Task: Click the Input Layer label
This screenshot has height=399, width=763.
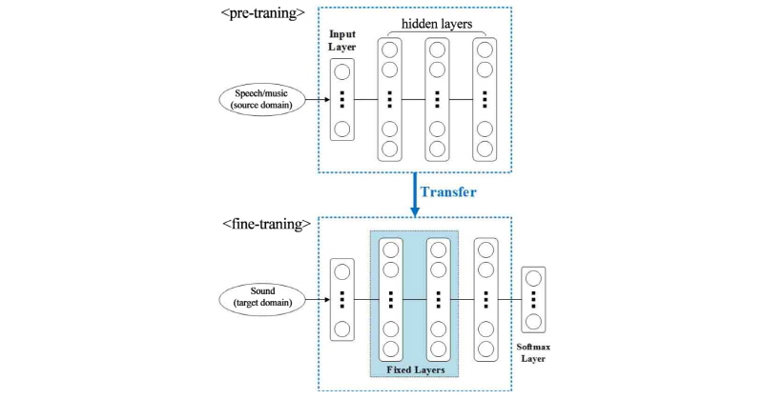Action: coord(343,42)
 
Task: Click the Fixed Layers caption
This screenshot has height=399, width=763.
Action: coord(415,368)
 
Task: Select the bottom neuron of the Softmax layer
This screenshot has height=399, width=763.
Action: coord(534,321)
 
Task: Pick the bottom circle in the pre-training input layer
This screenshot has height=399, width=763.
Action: coord(342,129)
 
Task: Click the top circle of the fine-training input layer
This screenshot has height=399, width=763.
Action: coord(342,271)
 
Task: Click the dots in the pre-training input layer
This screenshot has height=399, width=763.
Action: coord(342,99)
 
